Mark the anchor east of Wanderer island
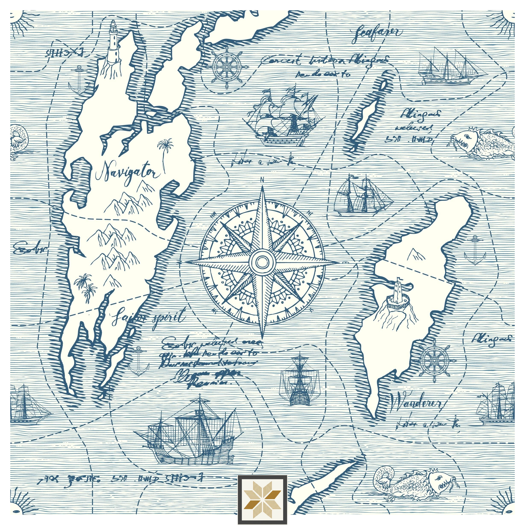[475, 251]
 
